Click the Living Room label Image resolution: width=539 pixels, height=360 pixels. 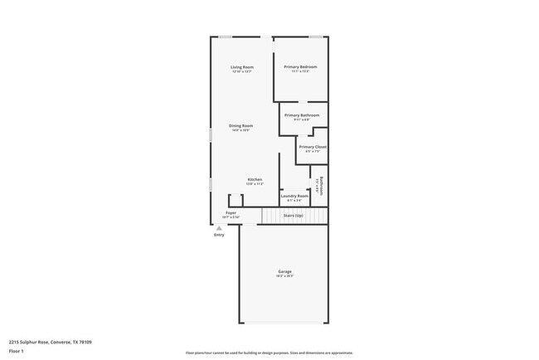coord(242,66)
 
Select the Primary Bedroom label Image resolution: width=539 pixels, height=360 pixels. coord(300,66)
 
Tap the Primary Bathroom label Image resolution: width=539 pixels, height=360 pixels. coord(302,115)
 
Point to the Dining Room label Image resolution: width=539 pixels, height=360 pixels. coord(240,125)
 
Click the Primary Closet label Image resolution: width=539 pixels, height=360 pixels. coord(313,147)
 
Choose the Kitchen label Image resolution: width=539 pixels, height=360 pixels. coord(255,179)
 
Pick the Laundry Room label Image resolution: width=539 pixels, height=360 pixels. coord(294,196)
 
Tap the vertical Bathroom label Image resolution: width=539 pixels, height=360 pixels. coord(321,186)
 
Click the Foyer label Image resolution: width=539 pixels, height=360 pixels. coord(231,212)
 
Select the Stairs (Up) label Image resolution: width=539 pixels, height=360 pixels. coord(294,215)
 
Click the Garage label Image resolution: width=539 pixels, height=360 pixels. coord(284,271)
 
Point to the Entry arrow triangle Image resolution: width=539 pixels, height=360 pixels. coord(219,228)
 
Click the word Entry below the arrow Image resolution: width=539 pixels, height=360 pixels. coord(219,236)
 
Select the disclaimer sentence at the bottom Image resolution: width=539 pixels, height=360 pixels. coord(269,352)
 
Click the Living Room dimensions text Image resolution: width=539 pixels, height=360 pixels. coord(242,71)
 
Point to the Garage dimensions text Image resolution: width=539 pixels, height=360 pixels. coord(284,276)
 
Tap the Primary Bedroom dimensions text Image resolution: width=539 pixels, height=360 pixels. coord(300,71)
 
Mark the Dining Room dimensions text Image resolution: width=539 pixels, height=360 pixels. coord(240,130)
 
